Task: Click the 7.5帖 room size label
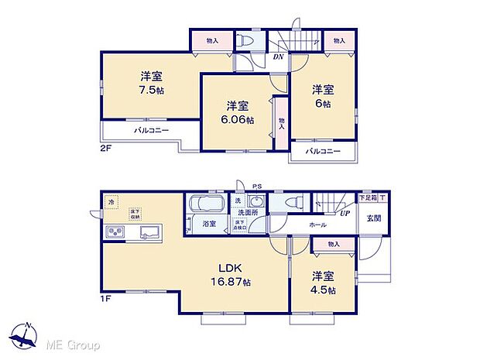[x=152, y=90]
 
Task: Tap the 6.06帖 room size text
[x=238, y=118]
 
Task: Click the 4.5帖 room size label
[x=324, y=290]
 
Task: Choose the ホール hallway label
[x=318, y=225]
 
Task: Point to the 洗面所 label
[x=247, y=213]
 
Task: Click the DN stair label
[x=277, y=56]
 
